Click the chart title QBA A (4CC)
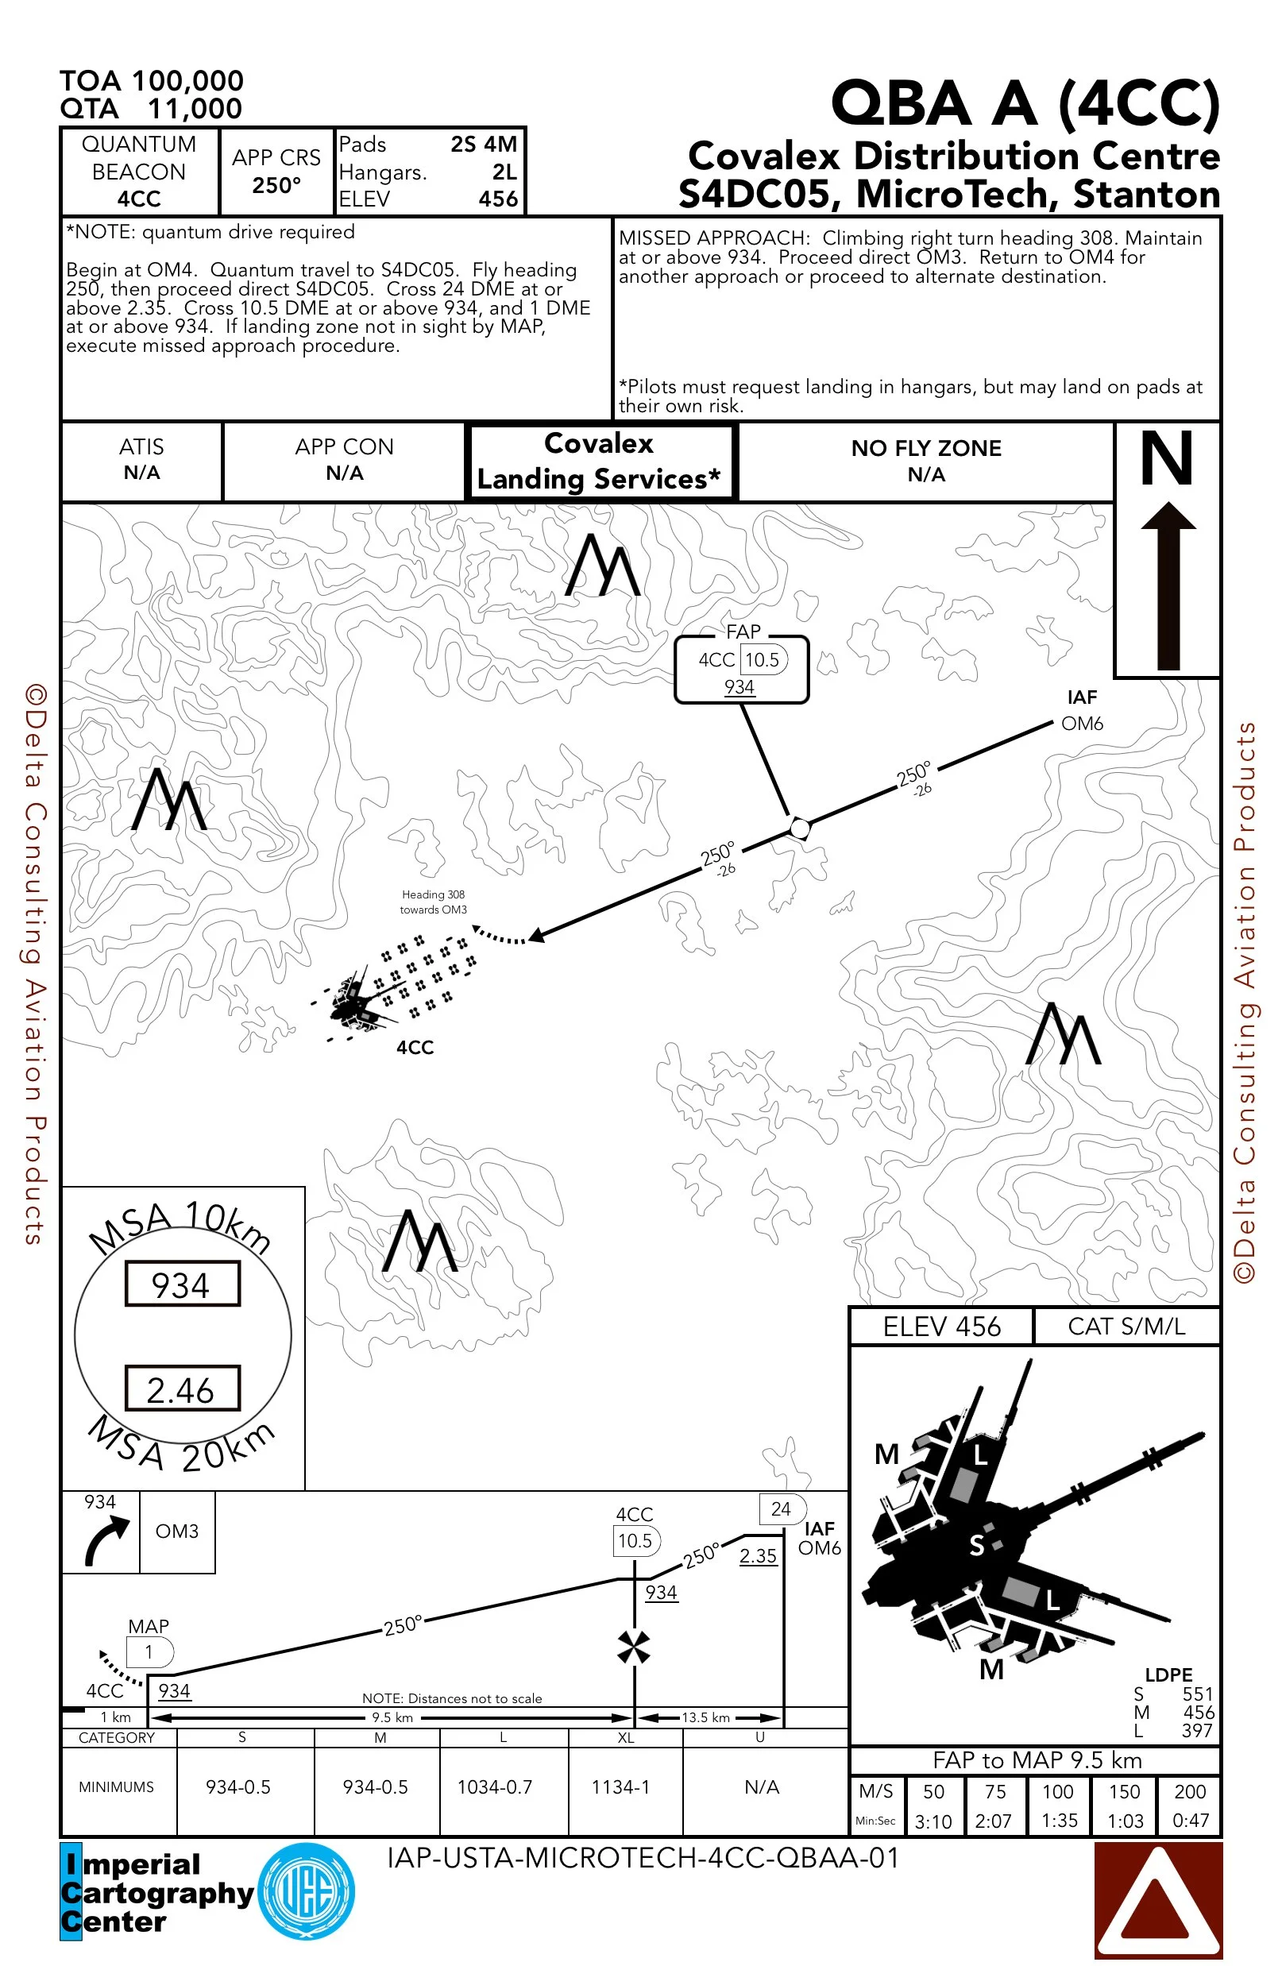coord(1025,104)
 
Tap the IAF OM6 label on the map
coord(1081,710)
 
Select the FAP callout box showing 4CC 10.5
coord(741,670)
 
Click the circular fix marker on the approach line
coord(799,827)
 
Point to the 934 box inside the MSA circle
coord(182,1284)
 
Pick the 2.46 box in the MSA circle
coord(182,1389)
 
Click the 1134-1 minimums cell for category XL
coord(620,1786)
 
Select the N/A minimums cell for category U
coord(762,1786)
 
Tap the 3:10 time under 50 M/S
coord(933,1821)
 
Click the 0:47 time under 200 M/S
coord(1191,1820)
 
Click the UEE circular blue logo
coord(307,1891)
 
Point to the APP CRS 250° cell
coord(276,171)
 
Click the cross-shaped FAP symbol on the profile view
coord(634,1647)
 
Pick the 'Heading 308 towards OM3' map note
coord(433,902)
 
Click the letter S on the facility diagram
coord(977,1545)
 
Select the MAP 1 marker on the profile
coord(149,1652)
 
